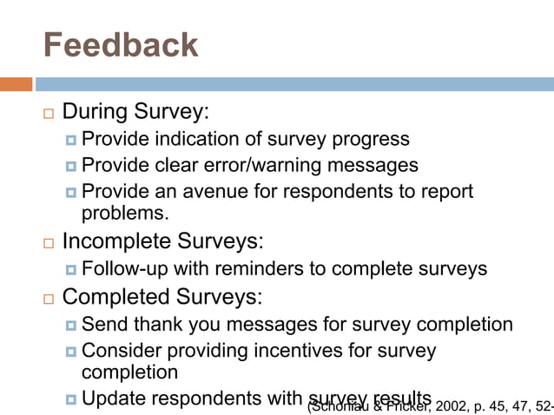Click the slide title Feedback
point(120,44)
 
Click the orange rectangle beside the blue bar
point(16,84)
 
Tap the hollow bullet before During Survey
point(48,114)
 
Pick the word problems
point(124,213)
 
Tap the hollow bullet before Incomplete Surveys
point(48,242)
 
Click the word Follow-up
point(125,269)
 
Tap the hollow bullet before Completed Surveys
point(48,299)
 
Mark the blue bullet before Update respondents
point(69,399)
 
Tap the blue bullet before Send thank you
point(69,326)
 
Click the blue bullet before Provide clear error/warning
point(69,166)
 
